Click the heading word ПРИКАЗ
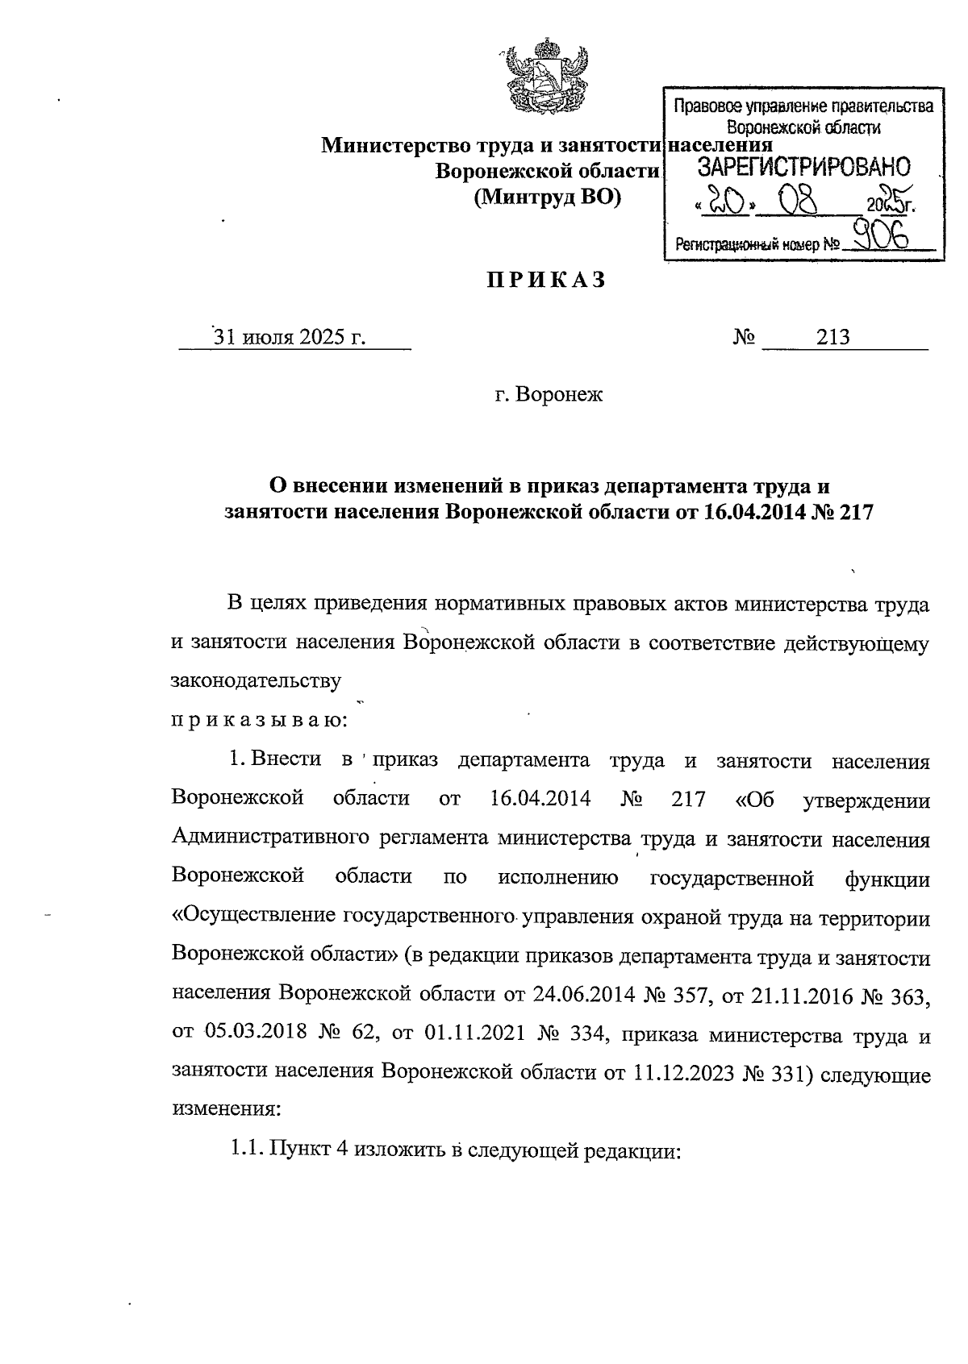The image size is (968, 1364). tap(545, 281)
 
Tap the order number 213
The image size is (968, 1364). tap(832, 337)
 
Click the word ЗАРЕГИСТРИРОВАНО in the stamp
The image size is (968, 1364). tap(803, 168)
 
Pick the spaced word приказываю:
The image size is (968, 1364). tap(259, 719)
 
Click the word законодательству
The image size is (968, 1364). tap(257, 680)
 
